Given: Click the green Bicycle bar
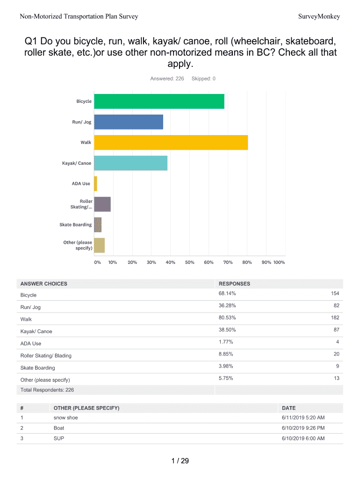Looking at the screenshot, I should coord(159,102).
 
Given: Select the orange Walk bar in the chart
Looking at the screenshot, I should coord(171,143).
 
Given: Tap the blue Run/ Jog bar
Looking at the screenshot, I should coord(129,122).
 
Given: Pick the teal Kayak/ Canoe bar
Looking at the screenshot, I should coord(130,163).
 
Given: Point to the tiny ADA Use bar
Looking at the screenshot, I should coord(95,184).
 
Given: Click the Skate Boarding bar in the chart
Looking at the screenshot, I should coord(98,225).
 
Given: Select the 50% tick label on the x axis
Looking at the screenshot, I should coord(189,262).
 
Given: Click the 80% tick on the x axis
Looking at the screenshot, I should coord(247,262).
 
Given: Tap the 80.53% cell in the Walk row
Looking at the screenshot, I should coord(227,318).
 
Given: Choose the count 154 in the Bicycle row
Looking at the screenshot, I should coord(334,293).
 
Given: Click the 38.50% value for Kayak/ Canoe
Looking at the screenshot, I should coord(227,330).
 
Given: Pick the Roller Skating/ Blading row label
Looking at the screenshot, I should coord(46,356).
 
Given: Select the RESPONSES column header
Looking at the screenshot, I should coord(234,283).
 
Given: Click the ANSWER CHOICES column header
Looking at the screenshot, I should coord(44,283).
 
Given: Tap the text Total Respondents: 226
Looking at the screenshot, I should coord(47,390).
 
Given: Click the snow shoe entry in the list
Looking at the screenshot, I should coord(66,418).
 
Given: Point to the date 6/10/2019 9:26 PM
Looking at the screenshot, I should coord(303,428).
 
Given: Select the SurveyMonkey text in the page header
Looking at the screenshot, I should coord(319,17).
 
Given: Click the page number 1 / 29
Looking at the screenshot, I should coord(180,461).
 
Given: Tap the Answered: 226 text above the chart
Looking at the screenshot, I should coord(167,79).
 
